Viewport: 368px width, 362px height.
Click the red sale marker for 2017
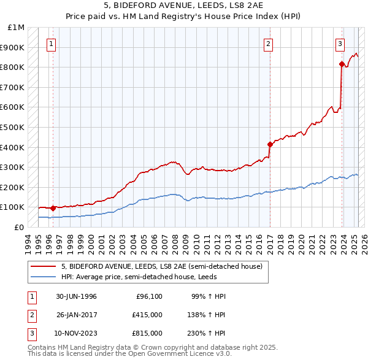[x=270, y=144]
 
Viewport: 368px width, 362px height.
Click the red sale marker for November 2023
[x=342, y=64]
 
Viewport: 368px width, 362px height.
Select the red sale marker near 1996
[x=53, y=208]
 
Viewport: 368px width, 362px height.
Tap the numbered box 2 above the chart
[x=269, y=44]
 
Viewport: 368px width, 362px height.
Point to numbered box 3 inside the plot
[x=340, y=44]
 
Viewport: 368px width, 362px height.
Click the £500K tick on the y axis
[x=13, y=127]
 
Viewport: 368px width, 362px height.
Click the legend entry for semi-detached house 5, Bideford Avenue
[x=162, y=266]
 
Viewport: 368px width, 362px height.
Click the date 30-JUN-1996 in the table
[x=77, y=297]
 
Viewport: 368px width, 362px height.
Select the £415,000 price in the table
[x=147, y=315]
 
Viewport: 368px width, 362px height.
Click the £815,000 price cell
[x=147, y=333]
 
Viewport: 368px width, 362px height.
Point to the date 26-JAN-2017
[x=77, y=315]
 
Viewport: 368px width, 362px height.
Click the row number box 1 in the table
[x=31, y=297]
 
